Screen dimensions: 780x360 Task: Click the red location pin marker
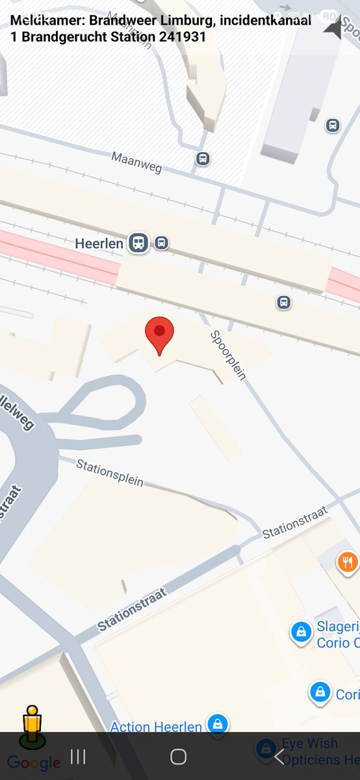coord(159,333)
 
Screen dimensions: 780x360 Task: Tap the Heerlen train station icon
coord(138,243)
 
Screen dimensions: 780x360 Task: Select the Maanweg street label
coord(136,162)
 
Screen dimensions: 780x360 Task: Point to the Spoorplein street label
coord(227,355)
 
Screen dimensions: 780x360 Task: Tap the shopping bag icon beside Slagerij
coord(301,631)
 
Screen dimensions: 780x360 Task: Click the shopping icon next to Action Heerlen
coord(216,723)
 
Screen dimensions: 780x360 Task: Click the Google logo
coord(34,763)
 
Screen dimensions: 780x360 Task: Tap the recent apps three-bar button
coord(78,757)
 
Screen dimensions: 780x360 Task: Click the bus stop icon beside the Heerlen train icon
coord(161,243)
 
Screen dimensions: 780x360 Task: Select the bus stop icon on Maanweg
coord(203,158)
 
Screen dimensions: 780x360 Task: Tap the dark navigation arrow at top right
coord(333,28)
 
